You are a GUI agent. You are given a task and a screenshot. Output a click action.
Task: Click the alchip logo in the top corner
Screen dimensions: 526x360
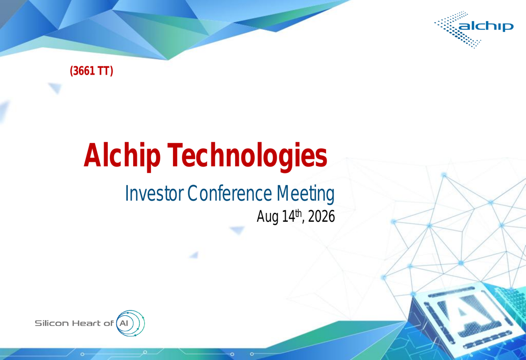(x=474, y=29)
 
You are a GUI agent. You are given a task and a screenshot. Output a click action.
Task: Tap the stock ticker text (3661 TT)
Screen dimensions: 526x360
(x=91, y=71)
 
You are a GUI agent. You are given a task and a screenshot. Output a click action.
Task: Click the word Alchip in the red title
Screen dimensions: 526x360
(x=122, y=156)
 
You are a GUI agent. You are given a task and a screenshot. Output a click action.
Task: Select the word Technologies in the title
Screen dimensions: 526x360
(x=247, y=156)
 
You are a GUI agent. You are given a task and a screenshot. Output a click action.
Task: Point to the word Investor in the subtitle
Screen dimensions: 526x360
(x=154, y=194)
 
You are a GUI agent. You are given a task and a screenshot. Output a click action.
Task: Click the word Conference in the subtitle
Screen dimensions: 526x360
(x=229, y=194)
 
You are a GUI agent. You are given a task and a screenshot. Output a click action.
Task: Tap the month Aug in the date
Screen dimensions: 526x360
(x=268, y=217)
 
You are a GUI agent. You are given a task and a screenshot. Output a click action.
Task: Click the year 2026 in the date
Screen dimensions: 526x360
(x=321, y=217)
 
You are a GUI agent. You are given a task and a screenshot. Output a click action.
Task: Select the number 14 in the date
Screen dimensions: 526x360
(x=288, y=217)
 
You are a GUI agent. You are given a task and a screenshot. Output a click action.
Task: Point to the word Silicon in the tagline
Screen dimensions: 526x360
(x=52, y=323)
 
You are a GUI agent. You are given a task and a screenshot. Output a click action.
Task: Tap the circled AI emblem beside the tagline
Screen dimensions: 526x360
(x=130, y=323)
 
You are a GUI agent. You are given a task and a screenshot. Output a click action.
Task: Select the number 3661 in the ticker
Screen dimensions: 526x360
(x=84, y=71)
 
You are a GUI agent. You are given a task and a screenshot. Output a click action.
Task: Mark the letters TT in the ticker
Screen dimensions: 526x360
(x=104, y=71)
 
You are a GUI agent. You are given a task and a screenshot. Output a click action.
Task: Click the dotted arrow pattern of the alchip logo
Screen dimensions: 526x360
(x=458, y=29)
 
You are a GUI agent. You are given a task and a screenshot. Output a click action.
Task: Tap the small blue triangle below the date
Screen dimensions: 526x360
(x=238, y=230)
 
